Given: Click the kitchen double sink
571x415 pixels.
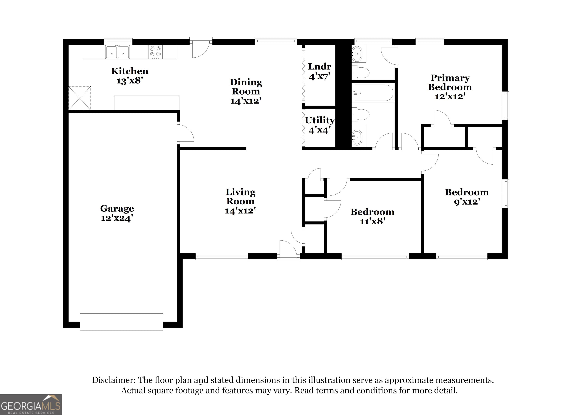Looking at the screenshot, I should coord(117,52).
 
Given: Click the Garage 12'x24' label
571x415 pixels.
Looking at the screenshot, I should coord(117,213).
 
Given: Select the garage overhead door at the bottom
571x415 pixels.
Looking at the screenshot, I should coord(121,322).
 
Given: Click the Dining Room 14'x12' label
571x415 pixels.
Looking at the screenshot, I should coord(246,91).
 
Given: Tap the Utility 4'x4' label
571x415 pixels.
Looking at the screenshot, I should coord(320,125).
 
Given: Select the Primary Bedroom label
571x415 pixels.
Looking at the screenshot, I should coord(450,82).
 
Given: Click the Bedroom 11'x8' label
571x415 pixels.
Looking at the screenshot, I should coord(372,216).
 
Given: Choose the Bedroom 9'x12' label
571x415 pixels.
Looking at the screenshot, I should coord(467,197).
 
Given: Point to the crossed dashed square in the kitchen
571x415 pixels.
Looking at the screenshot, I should coord(80,98).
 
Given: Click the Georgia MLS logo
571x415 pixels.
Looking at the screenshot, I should coord(31,405).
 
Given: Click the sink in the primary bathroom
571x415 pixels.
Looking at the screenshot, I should coord(357,54).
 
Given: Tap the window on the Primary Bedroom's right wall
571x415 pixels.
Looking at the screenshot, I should coord(505,106).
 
